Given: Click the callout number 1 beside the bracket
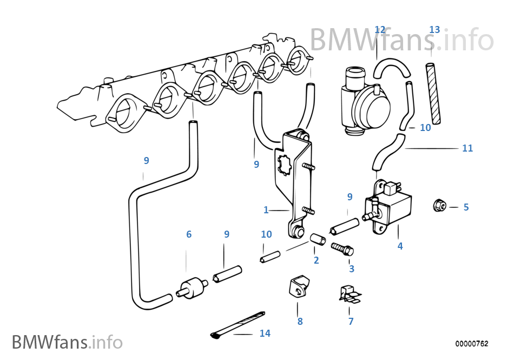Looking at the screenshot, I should (266, 210).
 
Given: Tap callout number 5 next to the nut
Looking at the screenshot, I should (466, 207).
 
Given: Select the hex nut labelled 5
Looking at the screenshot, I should (439, 206).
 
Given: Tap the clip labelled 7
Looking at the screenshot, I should (349, 294).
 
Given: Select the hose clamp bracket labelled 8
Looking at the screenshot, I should (297, 286).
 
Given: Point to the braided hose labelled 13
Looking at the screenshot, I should (433, 93).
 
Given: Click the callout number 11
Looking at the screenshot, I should (467, 148).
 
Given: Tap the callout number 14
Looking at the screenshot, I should (265, 333).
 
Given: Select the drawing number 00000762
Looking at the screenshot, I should (471, 344).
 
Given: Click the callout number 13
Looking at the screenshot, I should (434, 29).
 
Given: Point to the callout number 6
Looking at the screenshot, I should (189, 234).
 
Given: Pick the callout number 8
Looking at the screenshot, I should (300, 321).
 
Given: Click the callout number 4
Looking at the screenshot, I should (400, 246).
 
